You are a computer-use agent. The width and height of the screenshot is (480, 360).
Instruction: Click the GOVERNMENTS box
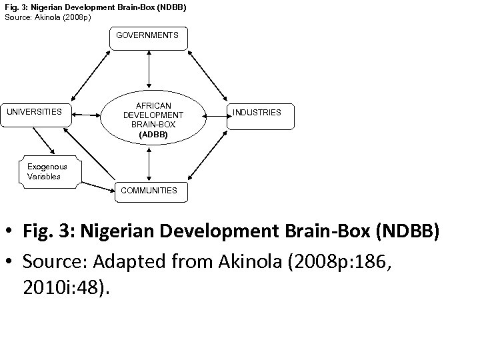(148, 38)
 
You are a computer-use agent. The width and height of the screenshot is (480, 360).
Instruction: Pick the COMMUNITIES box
(149, 190)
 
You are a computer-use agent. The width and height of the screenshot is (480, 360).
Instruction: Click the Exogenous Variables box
(49, 172)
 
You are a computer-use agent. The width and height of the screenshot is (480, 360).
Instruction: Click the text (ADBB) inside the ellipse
(153, 135)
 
